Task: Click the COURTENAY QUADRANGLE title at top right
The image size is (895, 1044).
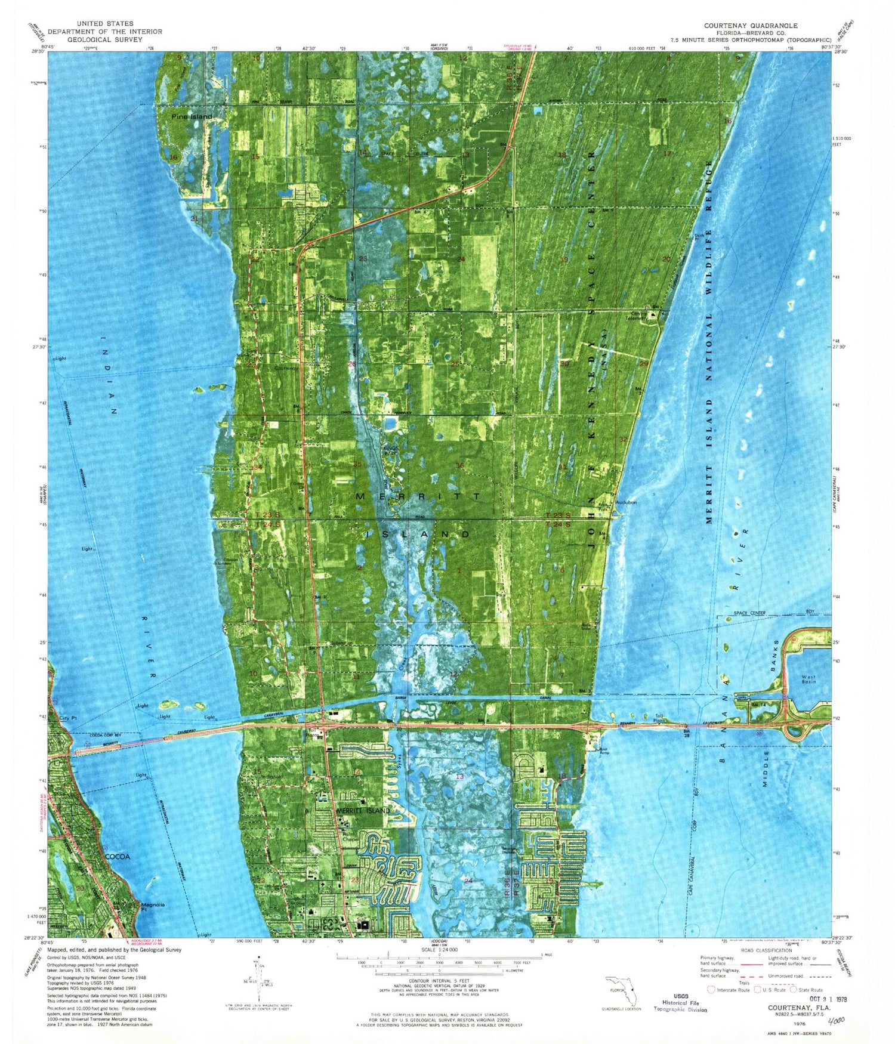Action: pos(750,26)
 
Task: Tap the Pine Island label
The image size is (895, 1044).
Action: pos(192,117)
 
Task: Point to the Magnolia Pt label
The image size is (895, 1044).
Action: pos(152,907)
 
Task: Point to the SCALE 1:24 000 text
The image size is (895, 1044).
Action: pos(439,950)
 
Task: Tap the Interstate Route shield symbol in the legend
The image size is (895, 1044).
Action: pos(711,990)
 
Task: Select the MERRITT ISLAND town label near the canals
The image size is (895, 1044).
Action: pos(363,810)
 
